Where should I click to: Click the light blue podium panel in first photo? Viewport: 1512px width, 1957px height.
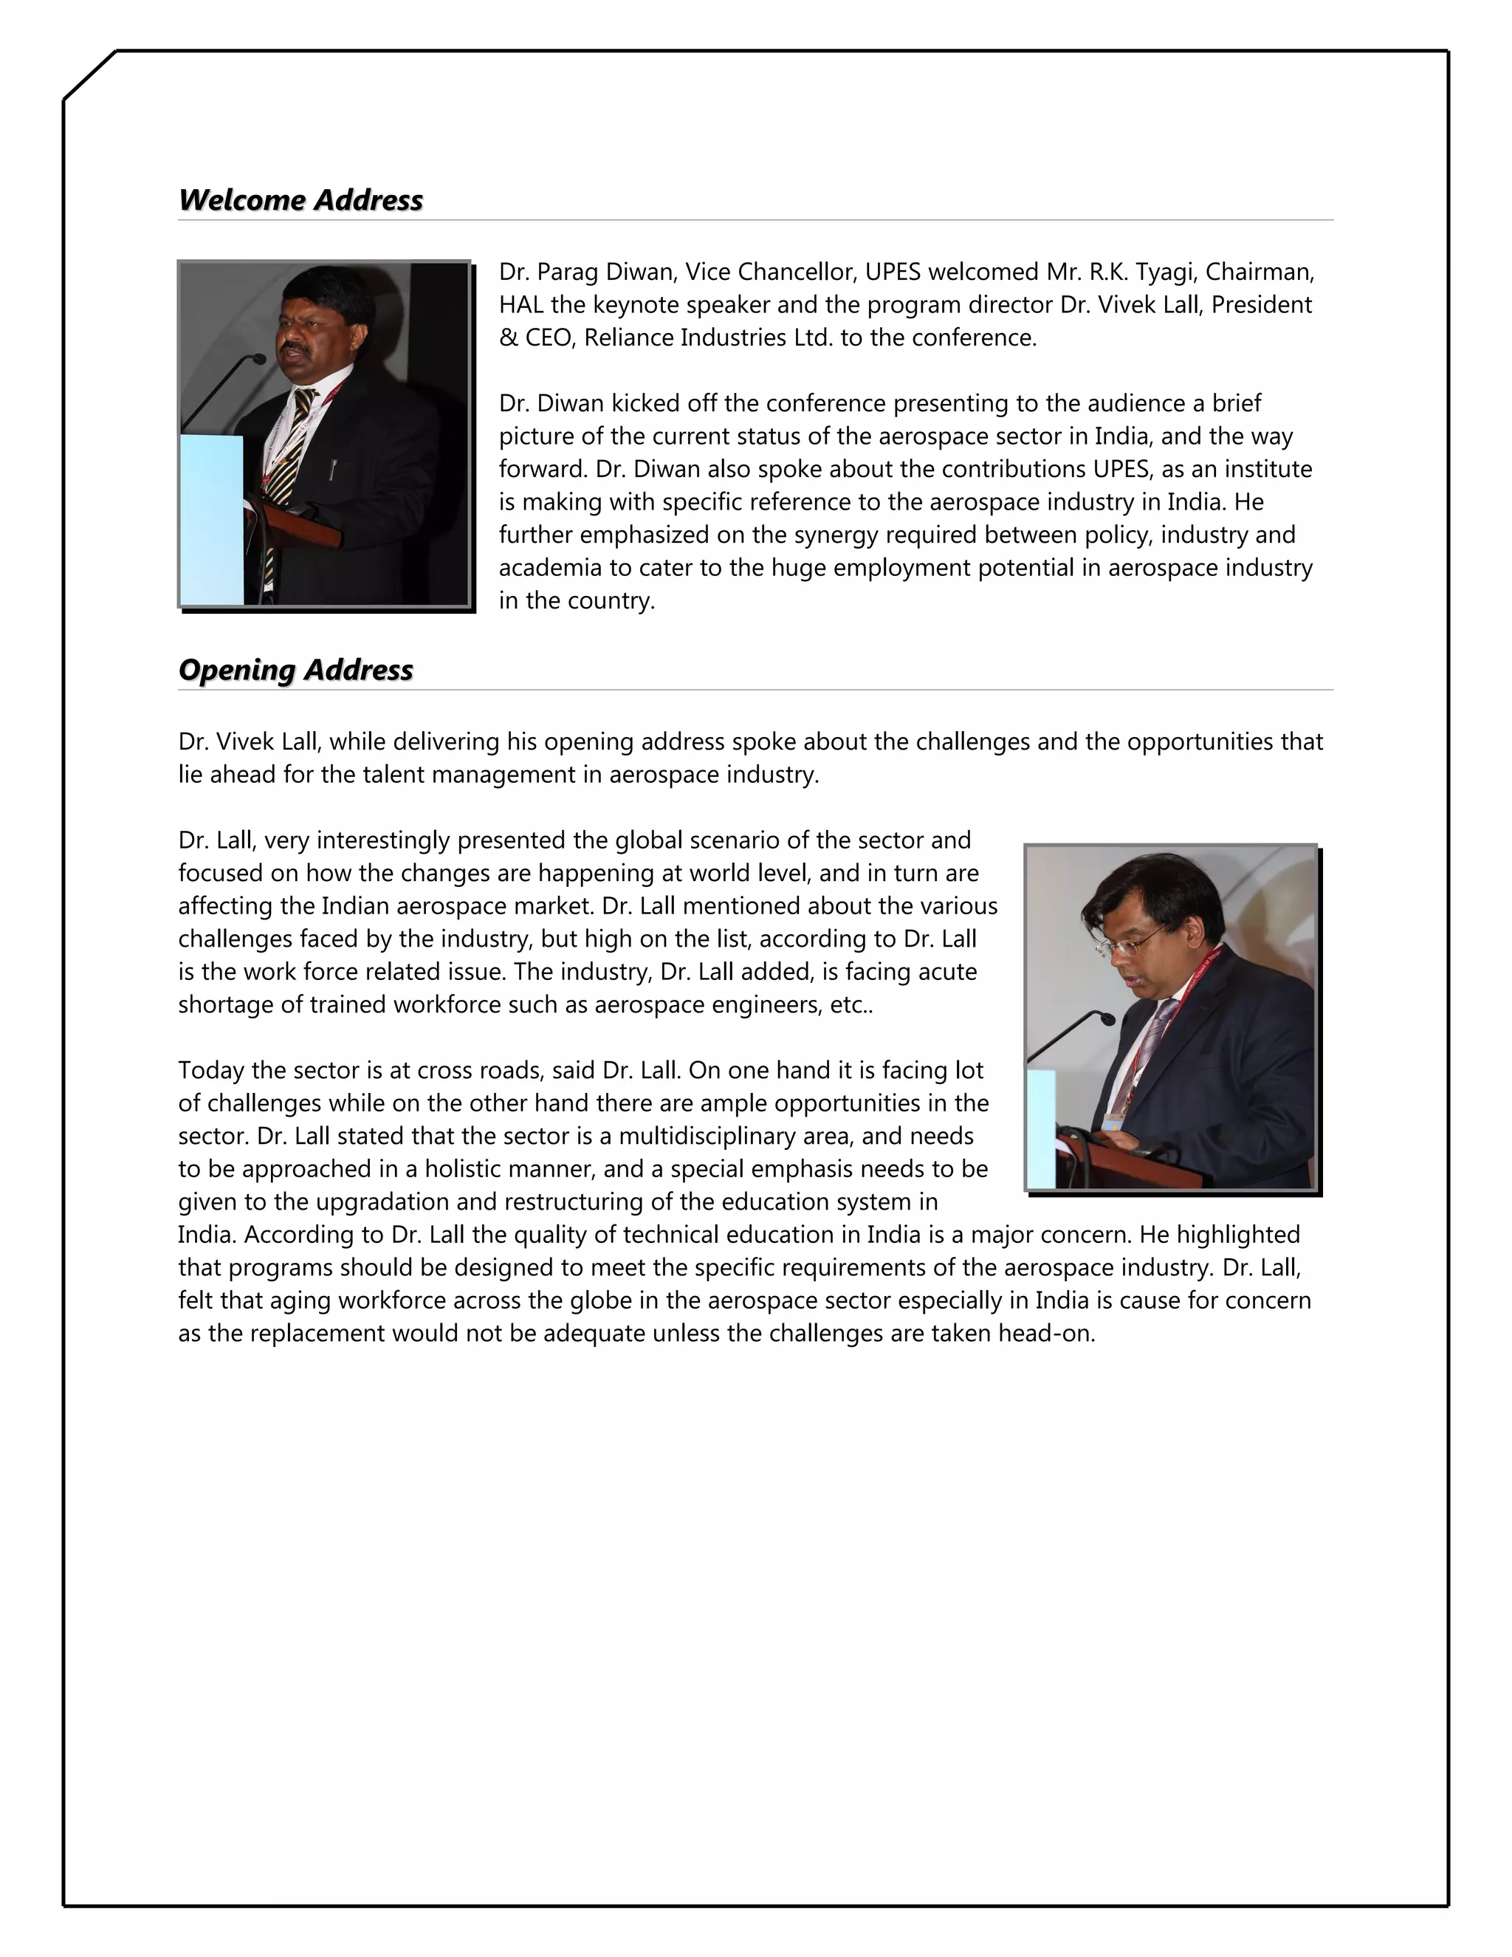pos(211,520)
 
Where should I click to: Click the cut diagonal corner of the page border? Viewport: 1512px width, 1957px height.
pos(89,76)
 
